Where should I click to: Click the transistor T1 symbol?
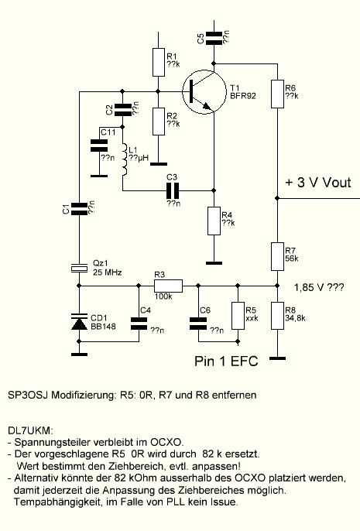pyautogui.click(x=204, y=92)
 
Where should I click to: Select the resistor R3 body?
pyautogui.click(x=168, y=286)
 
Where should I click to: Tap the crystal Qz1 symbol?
pyautogui.click(x=79, y=268)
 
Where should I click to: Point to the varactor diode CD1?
pyautogui.click(x=79, y=322)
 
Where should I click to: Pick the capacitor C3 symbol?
pyautogui.click(x=173, y=190)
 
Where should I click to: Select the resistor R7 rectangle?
pyautogui.click(x=277, y=256)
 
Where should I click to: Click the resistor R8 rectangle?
pyautogui.click(x=277, y=316)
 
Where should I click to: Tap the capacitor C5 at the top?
pyautogui.click(x=214, y=38)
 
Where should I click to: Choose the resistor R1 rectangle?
pyautogui.click(x=159, y=62)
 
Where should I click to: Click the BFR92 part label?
pyautogui.click(x=243, y=96)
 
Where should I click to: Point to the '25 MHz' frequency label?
pyautogui.click(x=107, y=272)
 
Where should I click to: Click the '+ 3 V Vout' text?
pyautogui.click(x=318, y=183)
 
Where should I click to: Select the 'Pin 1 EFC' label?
pyautogui.click(x=226, y=361)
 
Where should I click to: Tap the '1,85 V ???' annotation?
pyautogui.click(x=319, y=287)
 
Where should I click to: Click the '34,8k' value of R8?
pyautogui.click(x=295, y=318)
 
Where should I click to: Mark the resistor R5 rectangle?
pyautogui.click(x=238, y=316)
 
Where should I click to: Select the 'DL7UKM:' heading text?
pyautogui.click(x=30, y=430)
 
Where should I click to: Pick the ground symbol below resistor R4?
pyautogui.click(x=214, y=263)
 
